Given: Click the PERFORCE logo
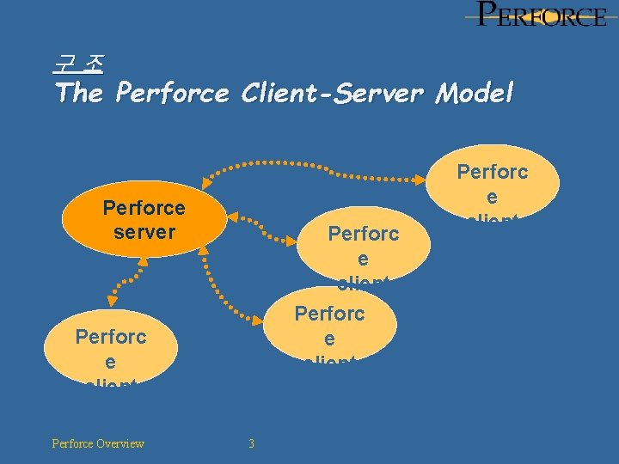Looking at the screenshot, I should pyautogui.click(x=542, y=15).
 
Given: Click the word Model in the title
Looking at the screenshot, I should pyautogui.click(x=474, y=92).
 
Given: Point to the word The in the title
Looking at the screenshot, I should pyautogui.click(x=78, y=92).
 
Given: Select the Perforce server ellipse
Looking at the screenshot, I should pyautogui.click(x=144, y=220).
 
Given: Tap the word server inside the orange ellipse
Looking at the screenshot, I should pyautogui.click(x=144, y=232).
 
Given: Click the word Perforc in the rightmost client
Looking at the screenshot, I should pyautogui.click(x=492, y=172).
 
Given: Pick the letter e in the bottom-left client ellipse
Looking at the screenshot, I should pyautogui.click(x=111, y=362).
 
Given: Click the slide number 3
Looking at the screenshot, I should pyautogui.click(x=251, y=443).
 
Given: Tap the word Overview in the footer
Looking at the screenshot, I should pyautogui.click(x=121, y=443).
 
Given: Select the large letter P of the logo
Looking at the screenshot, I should pyautogui.click(x=487, y=14).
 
